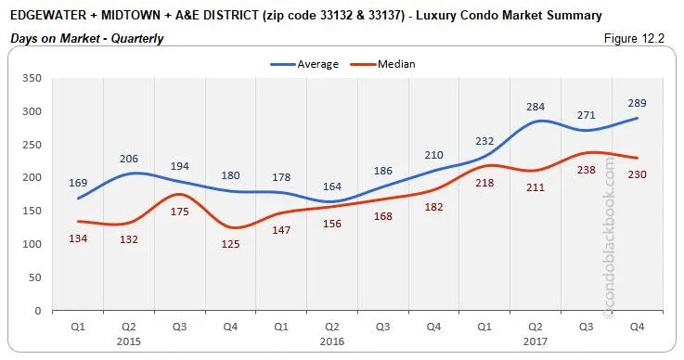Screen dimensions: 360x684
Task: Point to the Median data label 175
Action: [x=194, y=212]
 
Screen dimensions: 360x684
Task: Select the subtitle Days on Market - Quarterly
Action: [x=88, y=38]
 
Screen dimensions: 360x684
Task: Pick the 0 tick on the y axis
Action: [x=37, y=310]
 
